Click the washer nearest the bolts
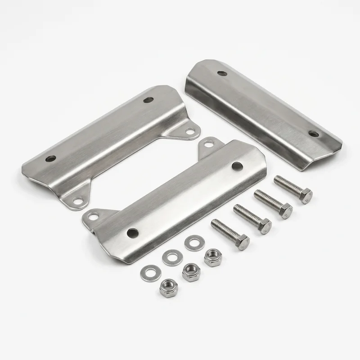tap(193, 243)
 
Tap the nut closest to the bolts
tap(210, 257)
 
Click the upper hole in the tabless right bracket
tap(222, 73)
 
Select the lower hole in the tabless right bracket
tap(313, 133)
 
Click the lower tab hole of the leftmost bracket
tap(78, 202)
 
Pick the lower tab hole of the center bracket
tap(93, 216)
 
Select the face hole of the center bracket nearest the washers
tap(132, 233)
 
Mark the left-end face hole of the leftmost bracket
tap(50, 159)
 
